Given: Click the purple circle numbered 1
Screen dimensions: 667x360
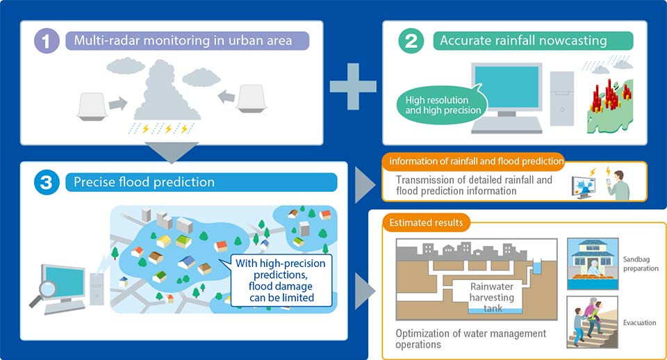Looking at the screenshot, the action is (47, 41).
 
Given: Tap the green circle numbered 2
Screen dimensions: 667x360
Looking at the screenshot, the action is (411, 41).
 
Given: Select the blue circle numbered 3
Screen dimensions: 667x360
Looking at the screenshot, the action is (47, 182).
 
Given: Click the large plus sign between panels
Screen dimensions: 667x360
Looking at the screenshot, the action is (353, 86).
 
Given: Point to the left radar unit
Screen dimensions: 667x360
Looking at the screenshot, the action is (92, 106).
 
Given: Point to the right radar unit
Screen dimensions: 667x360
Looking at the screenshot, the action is (252, 99).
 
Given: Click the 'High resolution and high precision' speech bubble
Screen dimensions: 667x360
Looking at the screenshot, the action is (443, 105).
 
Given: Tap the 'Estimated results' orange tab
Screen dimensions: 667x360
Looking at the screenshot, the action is (426, 222).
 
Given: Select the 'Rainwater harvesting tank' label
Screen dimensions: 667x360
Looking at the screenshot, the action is (492, 297).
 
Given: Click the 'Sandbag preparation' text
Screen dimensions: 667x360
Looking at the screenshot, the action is (641, 264).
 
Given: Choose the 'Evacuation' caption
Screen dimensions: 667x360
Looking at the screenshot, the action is (639, 322).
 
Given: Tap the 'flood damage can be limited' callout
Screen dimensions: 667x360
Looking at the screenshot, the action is (281, 281).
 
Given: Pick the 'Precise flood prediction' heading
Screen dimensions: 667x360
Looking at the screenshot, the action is (145, 182).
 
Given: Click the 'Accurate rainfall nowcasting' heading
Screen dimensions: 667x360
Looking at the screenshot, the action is (523, 41).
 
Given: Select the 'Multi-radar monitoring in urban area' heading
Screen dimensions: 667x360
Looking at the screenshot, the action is (183, 41).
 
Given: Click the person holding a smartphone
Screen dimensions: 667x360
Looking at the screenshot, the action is (618, 185).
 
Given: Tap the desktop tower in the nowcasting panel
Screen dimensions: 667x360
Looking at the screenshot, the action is (561, 98).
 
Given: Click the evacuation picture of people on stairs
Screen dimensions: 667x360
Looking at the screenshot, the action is (592, 322).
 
